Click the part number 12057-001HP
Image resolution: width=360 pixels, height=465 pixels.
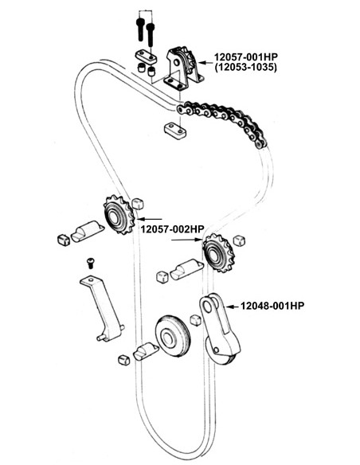point(246,57)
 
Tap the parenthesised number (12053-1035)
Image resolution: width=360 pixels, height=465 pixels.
point(246,67)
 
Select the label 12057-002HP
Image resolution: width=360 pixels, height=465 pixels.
point(172,229)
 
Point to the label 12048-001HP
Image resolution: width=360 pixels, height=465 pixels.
point(272,306)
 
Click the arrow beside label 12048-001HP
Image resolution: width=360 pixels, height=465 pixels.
point(232,307)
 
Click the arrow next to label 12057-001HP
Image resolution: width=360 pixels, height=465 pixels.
point(205,63)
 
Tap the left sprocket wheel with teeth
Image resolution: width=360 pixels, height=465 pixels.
point(119,214)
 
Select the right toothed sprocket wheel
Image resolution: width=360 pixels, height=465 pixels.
point(218,252)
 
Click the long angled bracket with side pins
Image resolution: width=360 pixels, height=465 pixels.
point(102,308)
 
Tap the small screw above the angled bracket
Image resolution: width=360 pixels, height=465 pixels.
point(91,263)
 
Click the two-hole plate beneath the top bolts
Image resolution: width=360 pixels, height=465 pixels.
point(147,57)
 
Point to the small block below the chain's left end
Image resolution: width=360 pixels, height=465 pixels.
point(175,131)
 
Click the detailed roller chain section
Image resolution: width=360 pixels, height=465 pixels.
point(222,122)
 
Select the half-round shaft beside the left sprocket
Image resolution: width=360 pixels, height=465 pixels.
point(87,232)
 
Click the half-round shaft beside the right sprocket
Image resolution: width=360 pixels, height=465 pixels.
point(186,269)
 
